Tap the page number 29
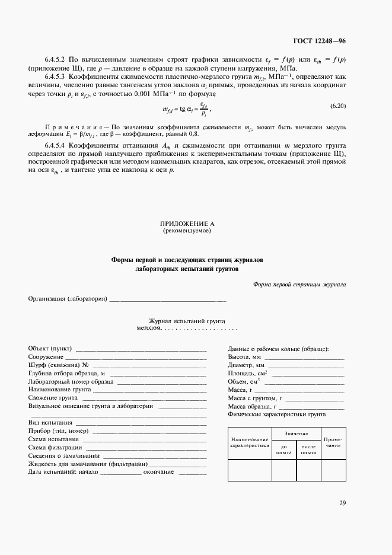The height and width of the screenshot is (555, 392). coord(342,503)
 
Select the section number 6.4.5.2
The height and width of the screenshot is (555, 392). coord(55,60)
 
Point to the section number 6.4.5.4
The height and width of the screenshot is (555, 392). coord(55,145)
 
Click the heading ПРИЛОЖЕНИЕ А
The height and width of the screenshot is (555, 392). coord(187,224)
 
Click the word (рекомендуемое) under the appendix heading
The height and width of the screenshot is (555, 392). coord(187,230)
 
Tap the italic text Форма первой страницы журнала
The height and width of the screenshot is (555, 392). coord(299,284)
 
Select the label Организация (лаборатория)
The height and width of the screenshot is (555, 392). coord(68,298)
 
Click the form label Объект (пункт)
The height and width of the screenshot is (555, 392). coord(49,348)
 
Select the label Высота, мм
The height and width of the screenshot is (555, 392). coord(244,357)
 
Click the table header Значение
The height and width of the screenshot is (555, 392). coord(296,434)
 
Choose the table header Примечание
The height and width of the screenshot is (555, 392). coord(333,442)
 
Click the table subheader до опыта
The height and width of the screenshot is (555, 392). coord(283,449)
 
